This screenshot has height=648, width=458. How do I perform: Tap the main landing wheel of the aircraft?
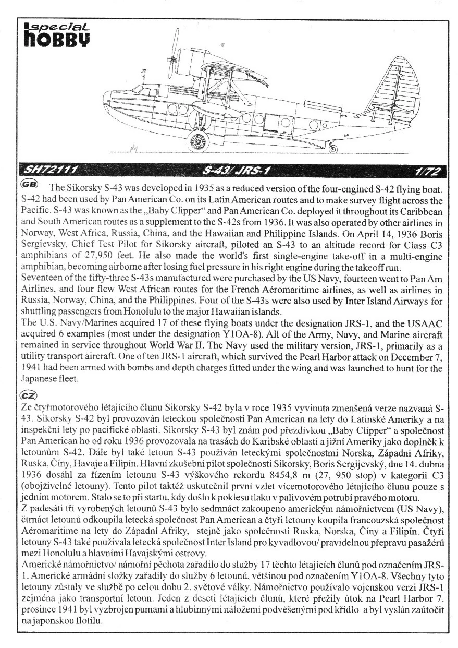pyautogui.click(x=197, y=140)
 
